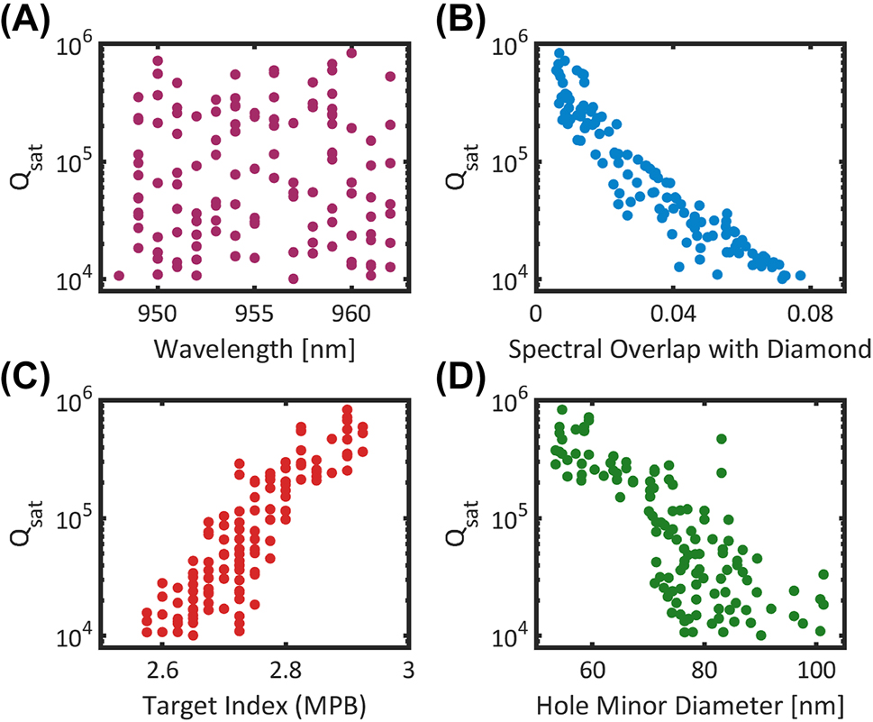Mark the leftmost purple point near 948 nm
point(119,276)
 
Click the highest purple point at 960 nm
point(351,53)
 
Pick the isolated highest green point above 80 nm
point(722,439)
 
